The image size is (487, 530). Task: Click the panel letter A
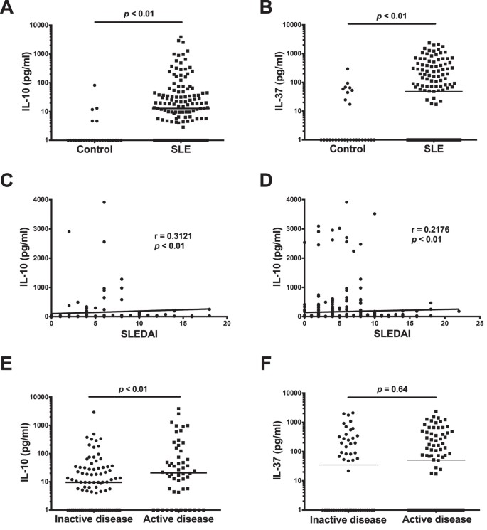pyautogui.click(x=8, y=8)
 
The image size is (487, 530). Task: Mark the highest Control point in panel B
pyautogui.click(x=347, y=68)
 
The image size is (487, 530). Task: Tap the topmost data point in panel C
pyautogui.click(x=104, y=202)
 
